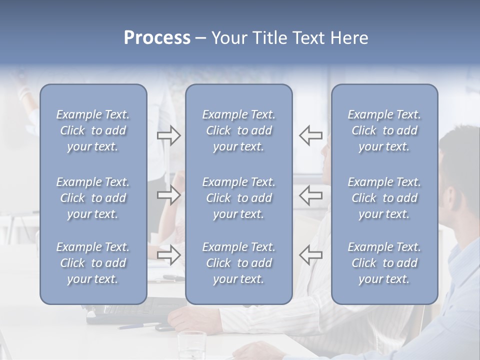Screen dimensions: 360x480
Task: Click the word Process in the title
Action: (x=157, y=38)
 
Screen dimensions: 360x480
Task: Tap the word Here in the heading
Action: (x=349, y=38)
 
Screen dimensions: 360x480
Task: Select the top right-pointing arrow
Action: (x=168, y=135)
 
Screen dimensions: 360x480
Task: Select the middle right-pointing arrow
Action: (x=168, y=195)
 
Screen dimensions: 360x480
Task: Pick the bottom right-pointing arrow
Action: (x=168, y=255)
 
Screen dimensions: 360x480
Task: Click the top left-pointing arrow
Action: (x=310, y=135)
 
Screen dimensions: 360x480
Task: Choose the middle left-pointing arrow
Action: (x=310, y=195)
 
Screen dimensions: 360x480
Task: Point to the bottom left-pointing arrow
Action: (x=310, y=255)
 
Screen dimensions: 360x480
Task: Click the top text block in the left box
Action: (x=93, y=130)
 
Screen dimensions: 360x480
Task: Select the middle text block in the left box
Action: (x=93, y=198)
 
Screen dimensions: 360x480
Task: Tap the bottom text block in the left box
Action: (x=93, y=263)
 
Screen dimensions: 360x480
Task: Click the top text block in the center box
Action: (x=238, y=130)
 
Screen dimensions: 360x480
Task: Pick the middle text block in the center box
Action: (x=238, y=198)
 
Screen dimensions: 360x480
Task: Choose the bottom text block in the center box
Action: (x=238, y=263)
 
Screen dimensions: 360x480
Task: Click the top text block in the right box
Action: (x=384, y=130)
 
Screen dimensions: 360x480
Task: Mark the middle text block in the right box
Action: (x=384, y=198)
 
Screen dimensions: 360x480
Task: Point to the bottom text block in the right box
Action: (x=384, y=263)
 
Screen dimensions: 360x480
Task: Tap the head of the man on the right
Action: (x=460, y=165)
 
